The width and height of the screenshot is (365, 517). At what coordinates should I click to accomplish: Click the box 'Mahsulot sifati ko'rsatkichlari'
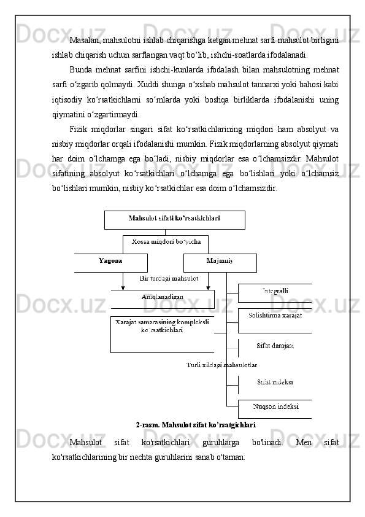(x=175, y=219)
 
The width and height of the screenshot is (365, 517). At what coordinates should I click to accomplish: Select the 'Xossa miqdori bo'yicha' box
(x=166, y=244)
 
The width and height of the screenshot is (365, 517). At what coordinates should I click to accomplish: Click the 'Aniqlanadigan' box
(x=163, y=298)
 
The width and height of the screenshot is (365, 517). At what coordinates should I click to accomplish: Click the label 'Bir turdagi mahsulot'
(x=169, y=279)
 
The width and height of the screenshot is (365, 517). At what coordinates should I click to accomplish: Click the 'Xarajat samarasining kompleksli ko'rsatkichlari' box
(x=162, y=327)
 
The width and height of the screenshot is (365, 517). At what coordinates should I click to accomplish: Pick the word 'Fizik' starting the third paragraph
(x=81, y=128)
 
